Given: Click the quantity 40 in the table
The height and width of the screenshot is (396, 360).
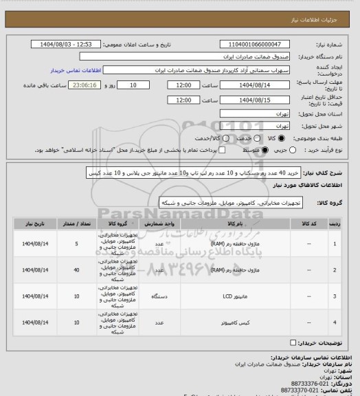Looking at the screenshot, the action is point(76,270).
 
